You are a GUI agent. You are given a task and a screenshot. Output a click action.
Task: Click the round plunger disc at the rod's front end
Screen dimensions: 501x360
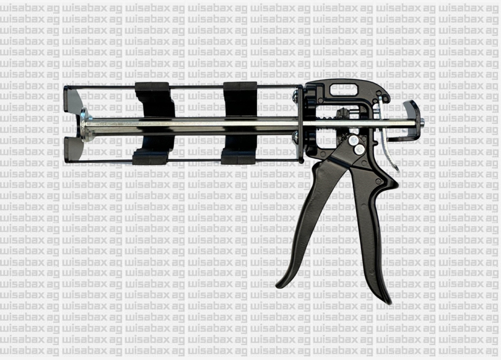[x=84, y=125]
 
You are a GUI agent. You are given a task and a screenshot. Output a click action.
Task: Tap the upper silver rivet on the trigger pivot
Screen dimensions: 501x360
[x=354, y=139]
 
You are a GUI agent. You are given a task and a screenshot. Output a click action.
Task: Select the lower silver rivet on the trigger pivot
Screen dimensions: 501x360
[x=359, y=149]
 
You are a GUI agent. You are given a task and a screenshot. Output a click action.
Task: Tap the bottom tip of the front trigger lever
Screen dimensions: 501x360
[x=281, y=284]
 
